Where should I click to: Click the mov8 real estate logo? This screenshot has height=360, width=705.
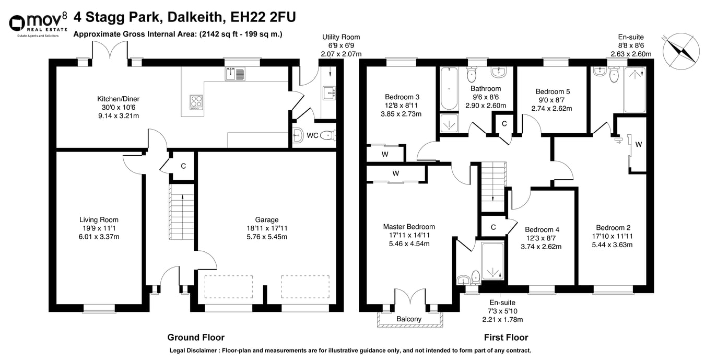pyautogui.click(x=38, y=26)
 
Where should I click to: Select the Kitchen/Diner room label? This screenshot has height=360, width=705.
pyautogui.click(x=118, y=99)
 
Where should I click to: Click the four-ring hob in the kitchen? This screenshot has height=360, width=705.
pyautogui.click(x=196, y=102)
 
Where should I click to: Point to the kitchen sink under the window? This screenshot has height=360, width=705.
pyautogui.click(x=235, y=74)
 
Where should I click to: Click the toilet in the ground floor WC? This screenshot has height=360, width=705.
pyautogui.click(x=328, y=135)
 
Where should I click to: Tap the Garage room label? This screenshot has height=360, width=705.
pyautogui.click(x=266, y=219)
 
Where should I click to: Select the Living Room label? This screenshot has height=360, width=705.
pyautogui.click(x=99, y=219)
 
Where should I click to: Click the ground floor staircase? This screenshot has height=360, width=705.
pyautogui.click(x=182, y=212)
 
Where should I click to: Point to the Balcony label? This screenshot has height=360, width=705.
pyautogui.click(x=409, y=319)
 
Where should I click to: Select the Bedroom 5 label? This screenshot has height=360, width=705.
pyautogui.click(x=553, y=91)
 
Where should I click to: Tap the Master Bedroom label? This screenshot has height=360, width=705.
pyautogui.click(x=409, y=226)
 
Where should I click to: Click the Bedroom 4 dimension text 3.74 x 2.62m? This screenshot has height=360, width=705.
pyautogui.click(x=541, y=247)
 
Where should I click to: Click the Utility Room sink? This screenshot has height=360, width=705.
pyautogui.click(x=329, y=93)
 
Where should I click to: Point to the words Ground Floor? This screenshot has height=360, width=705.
pyautogui.click(x=196, y=338)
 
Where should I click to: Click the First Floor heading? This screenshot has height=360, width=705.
pyautogui.click(x=506, y=338)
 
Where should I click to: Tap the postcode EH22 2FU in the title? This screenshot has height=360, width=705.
pyautogui.click(x=263, y=17)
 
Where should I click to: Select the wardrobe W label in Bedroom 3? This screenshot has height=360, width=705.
pyautogui.click(x=384, y=154)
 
